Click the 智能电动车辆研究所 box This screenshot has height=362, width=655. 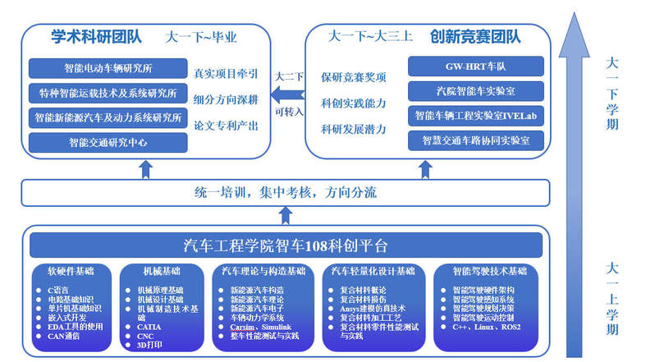pyautogui.click(x=107, y=68)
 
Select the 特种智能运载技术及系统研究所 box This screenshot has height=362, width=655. pyautogui.click(x=107, y=93)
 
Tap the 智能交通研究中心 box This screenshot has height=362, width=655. pyautogui.click(x=107, y=142)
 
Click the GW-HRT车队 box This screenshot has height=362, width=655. pyautogui.click(x=475, y=66)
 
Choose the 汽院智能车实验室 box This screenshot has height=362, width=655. pyautogui.click(x=475, y=90)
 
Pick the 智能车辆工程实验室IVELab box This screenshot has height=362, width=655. pyautogui.click(x=475, y=115)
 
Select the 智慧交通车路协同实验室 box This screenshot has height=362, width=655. pyautogui.click(x=475, y=140)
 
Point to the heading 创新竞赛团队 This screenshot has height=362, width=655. pyautogui.click(x=475, y=37)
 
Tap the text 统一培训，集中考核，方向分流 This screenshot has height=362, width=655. pyautogui.click(x=285, y=193)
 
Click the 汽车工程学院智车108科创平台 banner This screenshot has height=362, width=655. pyautogui.click(x=285, y=245)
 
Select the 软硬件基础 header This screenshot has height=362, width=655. pyautogui.click(x=70, y=271)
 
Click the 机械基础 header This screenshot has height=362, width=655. pyautogui.click(x=159, y=271)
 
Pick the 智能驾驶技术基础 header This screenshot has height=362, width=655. pyautogui.click(x=489, y=271)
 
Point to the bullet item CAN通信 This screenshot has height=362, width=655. pyautogui.click(x=63, y=336)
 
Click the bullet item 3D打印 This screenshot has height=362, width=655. pyautogui.click(x=149, y=345)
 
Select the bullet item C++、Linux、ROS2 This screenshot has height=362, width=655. pyautogui.click(x=486, y=326)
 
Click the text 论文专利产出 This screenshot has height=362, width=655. pyautogui.click(x=225, y=125)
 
